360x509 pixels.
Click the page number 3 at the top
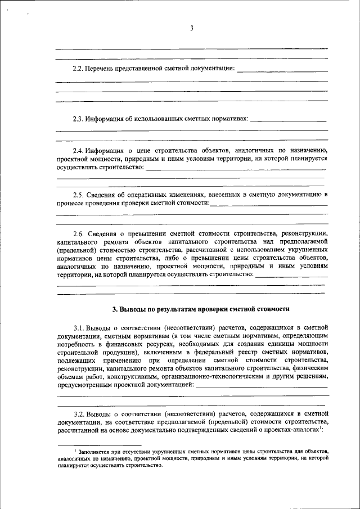pos(191,29)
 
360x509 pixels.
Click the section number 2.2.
pos(78,69)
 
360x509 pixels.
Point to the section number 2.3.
pos(78,119)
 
